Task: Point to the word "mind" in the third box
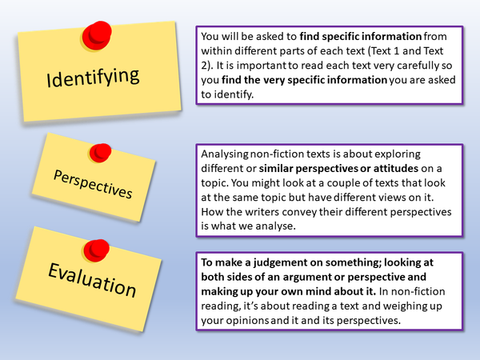(x=326, y=292)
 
